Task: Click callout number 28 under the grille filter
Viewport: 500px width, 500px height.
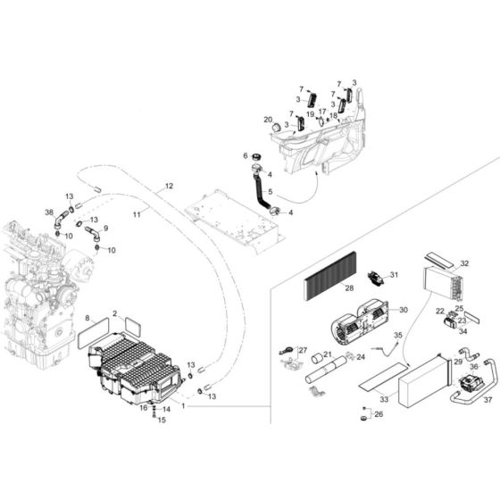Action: pyautogui.click(x=349, y=289)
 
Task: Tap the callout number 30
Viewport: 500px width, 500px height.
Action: pyautogui.click(x=404, y=310)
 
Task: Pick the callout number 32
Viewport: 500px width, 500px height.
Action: pyautogui.click(x=464, y=264)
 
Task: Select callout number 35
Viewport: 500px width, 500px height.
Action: pyautogui.click(x=398, y=335)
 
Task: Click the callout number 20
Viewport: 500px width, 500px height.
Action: pyautogui.click(x=267, y=119)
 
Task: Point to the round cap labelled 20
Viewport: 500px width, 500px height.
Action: pyautogui.click(x=279, y=129)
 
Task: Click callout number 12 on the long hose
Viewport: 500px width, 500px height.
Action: pyautogui.click(x=169, y=188)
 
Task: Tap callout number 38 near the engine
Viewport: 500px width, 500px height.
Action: pyautogui.click(x=49, y=212)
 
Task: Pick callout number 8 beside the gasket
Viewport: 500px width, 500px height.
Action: pyautogui.click(x=87, y=317)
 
